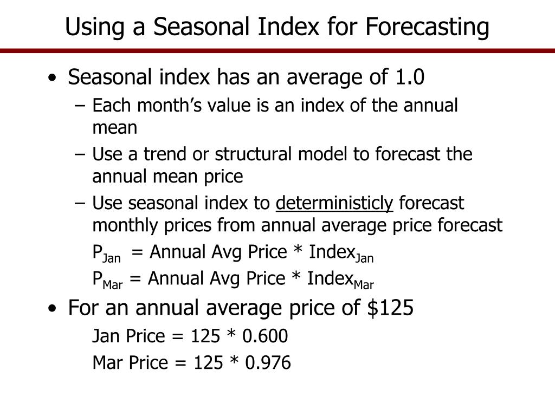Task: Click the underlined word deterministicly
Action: coord(334,203)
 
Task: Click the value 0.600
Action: coord(265,336)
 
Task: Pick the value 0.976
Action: coord(268,362)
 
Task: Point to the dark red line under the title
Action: coord(277,51)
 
